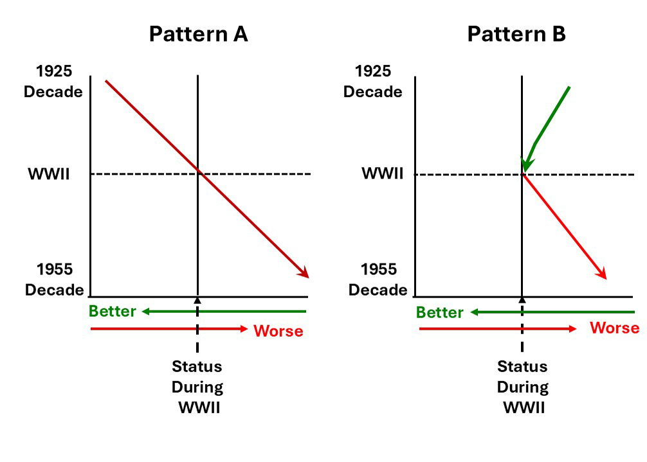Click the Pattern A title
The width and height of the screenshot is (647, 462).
(198, 34)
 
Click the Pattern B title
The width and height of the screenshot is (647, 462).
(516, 34)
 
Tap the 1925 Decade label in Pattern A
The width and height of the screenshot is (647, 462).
(53, 82)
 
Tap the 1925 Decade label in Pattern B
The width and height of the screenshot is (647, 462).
(372, 82)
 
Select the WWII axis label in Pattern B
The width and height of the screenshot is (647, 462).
(382, 174)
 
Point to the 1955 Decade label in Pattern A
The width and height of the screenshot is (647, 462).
(55, 280)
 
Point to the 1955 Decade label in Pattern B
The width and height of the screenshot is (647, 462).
(378, 280)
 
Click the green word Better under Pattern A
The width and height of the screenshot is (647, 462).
(113, 312)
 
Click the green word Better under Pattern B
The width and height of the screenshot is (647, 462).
(440, 313)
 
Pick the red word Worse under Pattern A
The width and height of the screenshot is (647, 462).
(278, 332)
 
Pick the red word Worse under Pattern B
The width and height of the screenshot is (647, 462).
(614, 328)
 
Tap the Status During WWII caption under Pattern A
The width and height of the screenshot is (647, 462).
(197, 387)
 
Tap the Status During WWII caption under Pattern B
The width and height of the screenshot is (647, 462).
(522, 387)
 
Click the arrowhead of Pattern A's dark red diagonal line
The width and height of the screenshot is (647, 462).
(304, 273)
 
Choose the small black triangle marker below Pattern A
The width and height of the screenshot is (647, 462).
(197, 300)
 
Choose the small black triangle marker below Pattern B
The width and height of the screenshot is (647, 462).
(522, 300)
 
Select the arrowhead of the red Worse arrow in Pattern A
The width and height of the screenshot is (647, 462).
(244, 329)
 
